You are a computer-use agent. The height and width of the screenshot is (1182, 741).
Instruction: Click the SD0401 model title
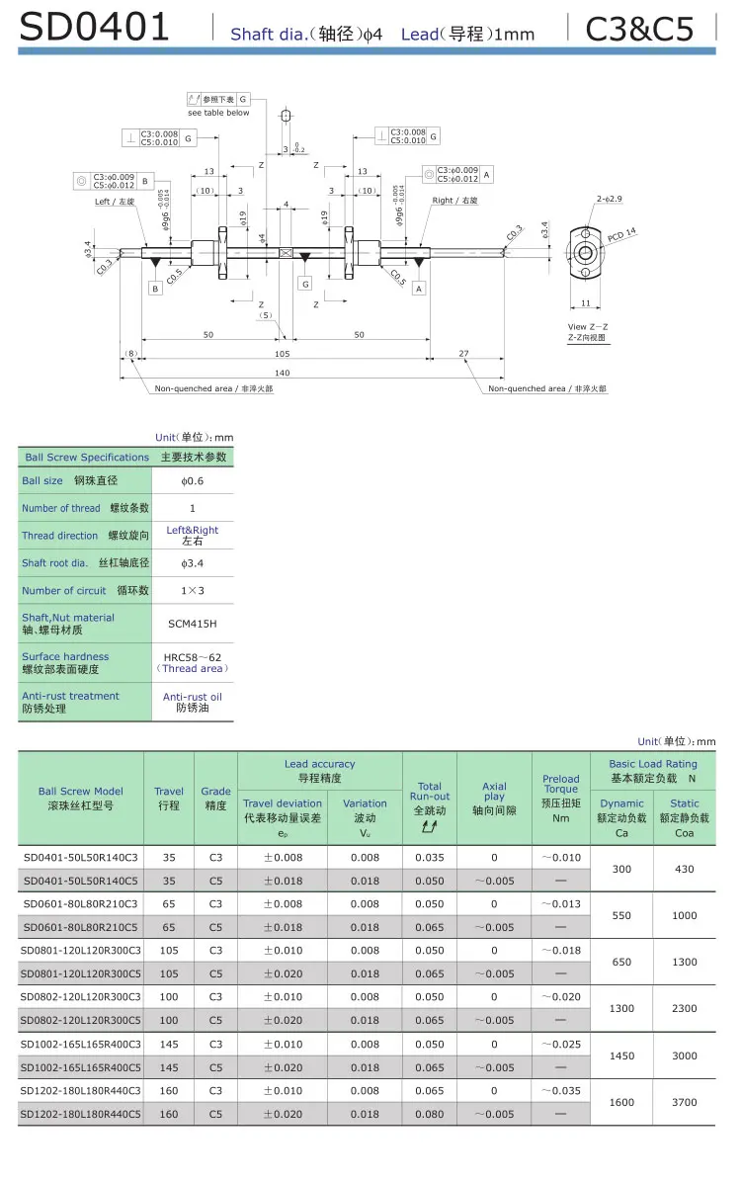point(95,28)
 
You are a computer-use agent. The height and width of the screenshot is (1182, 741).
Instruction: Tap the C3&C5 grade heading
point(639,30)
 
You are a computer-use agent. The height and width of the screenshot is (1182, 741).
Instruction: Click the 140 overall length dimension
point(283,373)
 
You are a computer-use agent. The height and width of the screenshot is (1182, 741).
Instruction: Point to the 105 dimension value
point(283,353)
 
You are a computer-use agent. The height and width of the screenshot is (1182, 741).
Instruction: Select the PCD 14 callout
point(622,235)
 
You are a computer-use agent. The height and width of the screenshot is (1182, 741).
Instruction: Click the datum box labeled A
point(419,289)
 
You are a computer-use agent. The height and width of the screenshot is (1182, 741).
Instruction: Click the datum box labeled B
point(155,289)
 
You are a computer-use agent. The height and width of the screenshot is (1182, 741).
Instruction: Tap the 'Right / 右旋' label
point(454,201)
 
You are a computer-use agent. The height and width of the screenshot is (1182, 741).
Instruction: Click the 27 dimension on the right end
point(464,353)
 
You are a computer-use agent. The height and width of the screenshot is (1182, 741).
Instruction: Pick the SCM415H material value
point(193,624)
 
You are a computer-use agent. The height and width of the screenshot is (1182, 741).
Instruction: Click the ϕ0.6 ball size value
point(193,480)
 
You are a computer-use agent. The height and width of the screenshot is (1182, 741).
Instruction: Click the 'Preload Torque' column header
point(560,784)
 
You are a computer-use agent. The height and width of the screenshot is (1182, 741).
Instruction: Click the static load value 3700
point(684,1102)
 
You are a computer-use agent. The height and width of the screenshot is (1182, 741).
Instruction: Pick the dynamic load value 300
point(621,869)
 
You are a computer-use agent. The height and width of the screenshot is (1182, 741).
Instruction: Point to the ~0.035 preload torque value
point(560,1090)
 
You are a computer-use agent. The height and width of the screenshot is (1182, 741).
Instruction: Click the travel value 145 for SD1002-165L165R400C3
point(169,1044)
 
